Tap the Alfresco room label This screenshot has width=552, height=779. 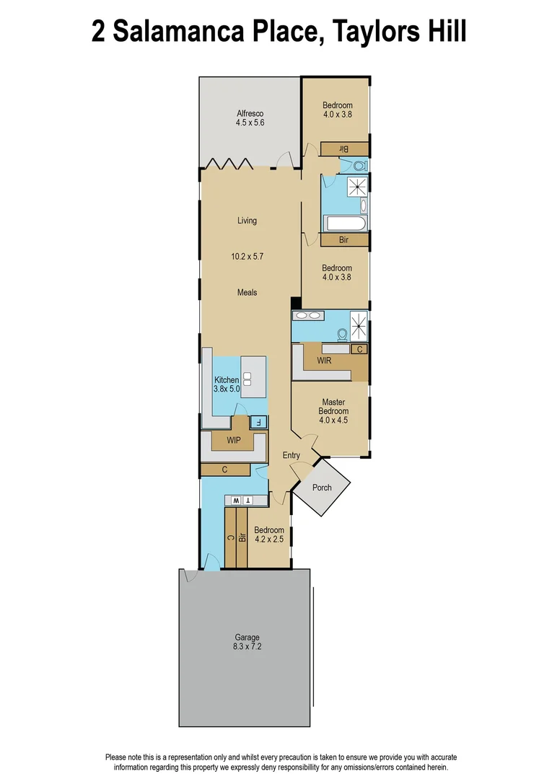250,113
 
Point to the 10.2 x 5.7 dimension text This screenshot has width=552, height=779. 247,256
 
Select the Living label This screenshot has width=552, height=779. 247,221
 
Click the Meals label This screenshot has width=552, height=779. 247,292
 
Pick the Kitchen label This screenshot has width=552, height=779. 226,380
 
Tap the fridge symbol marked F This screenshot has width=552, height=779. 258,422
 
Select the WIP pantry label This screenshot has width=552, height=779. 233,439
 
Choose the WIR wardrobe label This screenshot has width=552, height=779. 324,361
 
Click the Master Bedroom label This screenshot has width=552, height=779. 333,406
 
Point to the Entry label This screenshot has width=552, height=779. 291,455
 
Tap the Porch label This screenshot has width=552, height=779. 322,488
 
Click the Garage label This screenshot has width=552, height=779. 246,638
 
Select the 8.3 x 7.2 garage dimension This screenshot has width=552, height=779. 246,647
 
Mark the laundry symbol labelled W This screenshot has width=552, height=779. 235,500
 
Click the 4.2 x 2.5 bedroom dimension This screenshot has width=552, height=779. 269,539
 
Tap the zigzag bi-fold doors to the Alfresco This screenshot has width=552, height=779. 226,163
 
